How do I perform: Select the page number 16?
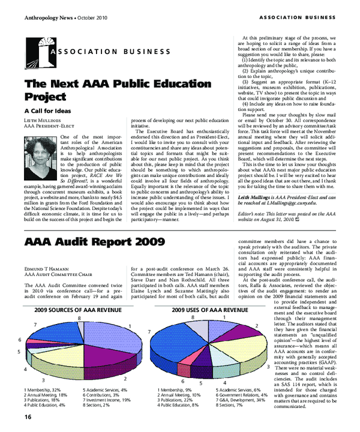click(x=28, y=417)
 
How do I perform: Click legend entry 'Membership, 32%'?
click(x=43, y=390)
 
